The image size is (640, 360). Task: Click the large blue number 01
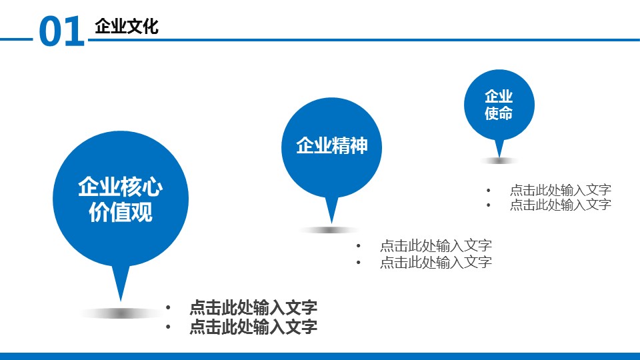pyautogui.click(x=61, y=31)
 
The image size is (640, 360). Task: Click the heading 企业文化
pyautogui.click(x=127, y=27)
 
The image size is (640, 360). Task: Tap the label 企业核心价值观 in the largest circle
pyautogui.click(x=121, y=199)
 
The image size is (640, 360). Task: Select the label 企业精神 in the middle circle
pyautogui.click(x=332, y=145)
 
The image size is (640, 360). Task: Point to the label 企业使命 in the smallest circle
pyautogui.click(x=499, y=105)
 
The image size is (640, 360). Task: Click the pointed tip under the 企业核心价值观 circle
pyautogui.click(x=121, y=301)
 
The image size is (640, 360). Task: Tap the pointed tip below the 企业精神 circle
pyautogui.click(x=331, y=223)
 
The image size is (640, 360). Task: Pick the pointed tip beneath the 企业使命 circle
pyautogui.click(x=499, y=157)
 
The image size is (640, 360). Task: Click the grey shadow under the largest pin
pyautogui.click(x=121, y=313)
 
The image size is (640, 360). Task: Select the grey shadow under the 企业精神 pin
pyautogui.click(x=330, y=230)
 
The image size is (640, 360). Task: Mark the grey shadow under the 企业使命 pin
pyautogui.click(x=499, y=161)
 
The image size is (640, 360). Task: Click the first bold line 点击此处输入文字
pyautogui.click(x=253, y=307)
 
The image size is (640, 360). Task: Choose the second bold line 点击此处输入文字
pyautogui.click(x=253, y=327)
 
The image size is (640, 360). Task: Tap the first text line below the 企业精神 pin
pyautogui.click(x=436, y=246)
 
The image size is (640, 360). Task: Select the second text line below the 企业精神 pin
pyautogui.click(x=436, y=262)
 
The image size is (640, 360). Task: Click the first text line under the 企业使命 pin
pyautogui.click(x=561, y=190)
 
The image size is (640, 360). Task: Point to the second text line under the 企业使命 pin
pyautogui.click(x=561, y=205)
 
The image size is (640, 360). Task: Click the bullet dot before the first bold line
pyautogui.click(x=168, y=308)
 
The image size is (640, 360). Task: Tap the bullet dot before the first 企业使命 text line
pyautogui.click(x=489, y=190)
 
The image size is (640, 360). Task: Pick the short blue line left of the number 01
pyautogui.click(x=16, y=39)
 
